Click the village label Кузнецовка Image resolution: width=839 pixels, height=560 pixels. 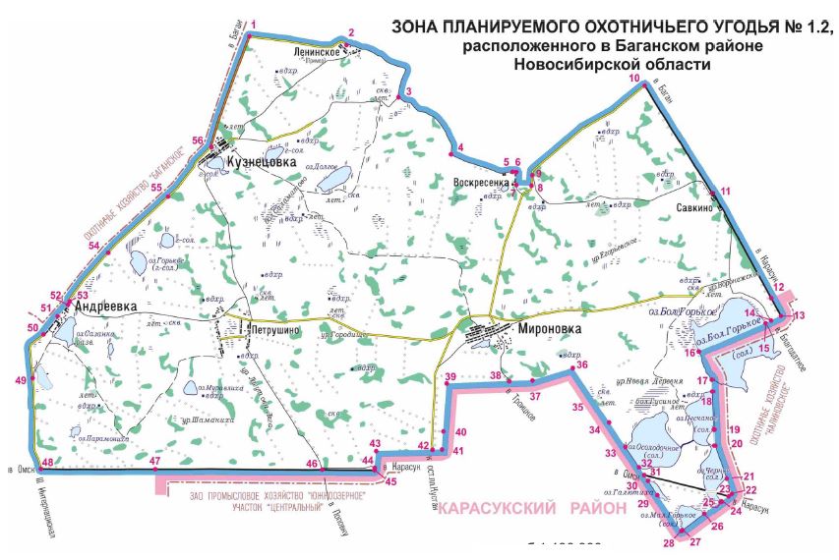coord(261,162)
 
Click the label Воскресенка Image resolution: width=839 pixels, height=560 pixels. coord(481,183)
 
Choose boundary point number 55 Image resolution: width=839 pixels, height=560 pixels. coord(168,196)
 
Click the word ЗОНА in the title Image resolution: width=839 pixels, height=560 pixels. coord(416,28)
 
